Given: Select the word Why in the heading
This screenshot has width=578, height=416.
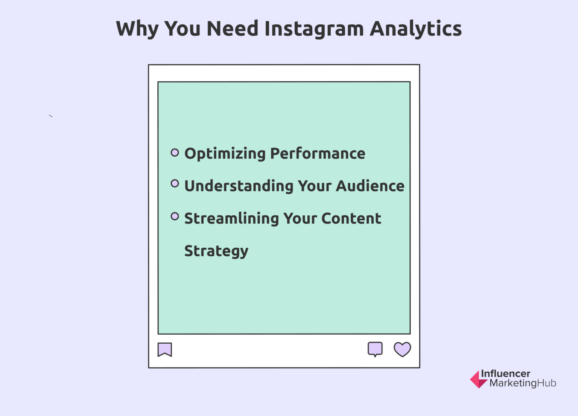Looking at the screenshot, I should pos(137,29).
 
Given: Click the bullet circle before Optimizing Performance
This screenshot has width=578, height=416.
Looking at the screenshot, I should pos(175,152).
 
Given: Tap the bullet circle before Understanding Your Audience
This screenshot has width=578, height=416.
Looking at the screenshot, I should pos(175,183).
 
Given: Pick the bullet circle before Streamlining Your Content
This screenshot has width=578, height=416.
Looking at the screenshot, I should pos(175,216).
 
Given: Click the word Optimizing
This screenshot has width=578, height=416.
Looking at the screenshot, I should pos(225,154).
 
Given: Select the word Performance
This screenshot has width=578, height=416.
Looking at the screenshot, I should pos(318,154).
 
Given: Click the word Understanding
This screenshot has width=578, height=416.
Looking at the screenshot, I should pos(239,186).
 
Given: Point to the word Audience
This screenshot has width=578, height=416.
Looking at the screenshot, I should pos(370,186).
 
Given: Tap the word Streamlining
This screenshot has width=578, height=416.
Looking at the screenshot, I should pos(231,219).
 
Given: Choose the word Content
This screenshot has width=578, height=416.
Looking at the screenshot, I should pos(351,218).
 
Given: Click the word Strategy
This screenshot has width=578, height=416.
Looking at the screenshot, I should pos(216,251).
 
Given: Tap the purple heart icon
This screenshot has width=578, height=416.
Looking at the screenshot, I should pos(402,349).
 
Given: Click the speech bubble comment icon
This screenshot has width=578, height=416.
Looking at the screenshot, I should pos(375,349).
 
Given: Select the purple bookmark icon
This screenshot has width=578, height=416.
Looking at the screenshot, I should pos(165,349).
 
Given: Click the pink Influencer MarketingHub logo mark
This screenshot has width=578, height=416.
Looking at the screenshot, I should pos(477,379).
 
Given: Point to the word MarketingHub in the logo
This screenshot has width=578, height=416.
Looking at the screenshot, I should pos(523,383).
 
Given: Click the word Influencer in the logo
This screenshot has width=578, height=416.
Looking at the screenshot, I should pos(505,373).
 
